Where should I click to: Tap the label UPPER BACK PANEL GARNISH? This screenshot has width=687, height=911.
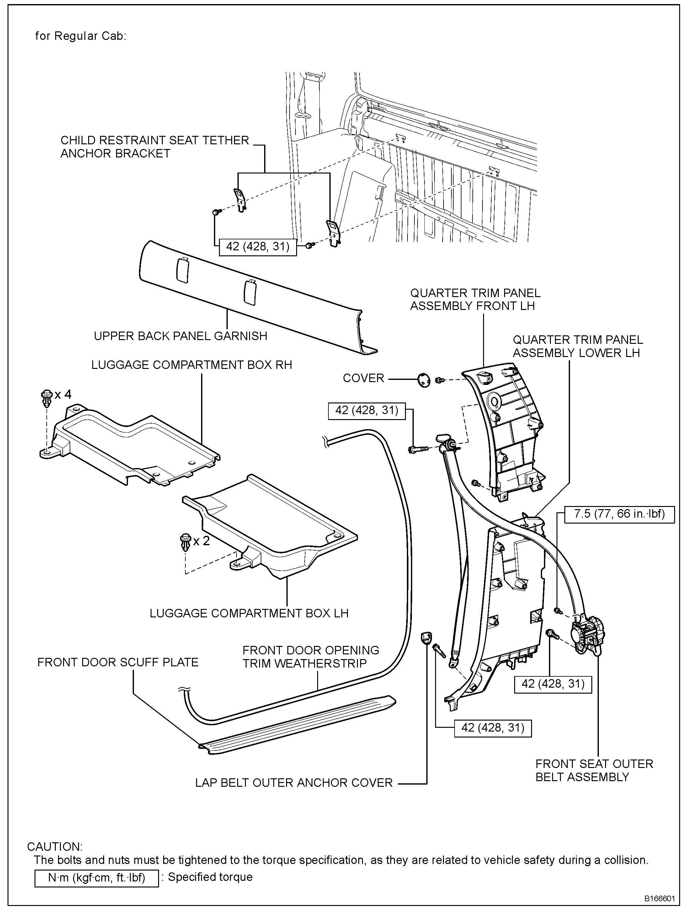pos(180,336)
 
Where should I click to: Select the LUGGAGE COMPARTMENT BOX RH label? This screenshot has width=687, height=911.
pos(192,365)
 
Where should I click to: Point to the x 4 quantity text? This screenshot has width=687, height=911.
pos(63,395)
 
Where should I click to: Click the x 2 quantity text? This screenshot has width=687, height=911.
pos(201,541)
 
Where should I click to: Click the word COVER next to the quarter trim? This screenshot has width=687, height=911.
pos(363,378)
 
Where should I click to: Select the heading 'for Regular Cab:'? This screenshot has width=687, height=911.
pos(81,36)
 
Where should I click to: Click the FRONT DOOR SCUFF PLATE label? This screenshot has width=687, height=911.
pos(118,662)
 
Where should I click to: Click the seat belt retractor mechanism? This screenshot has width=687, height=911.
pos(587,635)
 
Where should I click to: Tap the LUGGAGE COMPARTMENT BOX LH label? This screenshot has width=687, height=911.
pos(249,613)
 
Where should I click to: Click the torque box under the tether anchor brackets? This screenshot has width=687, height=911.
pos(258,247)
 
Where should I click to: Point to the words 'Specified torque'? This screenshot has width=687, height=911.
pos(210,877)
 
